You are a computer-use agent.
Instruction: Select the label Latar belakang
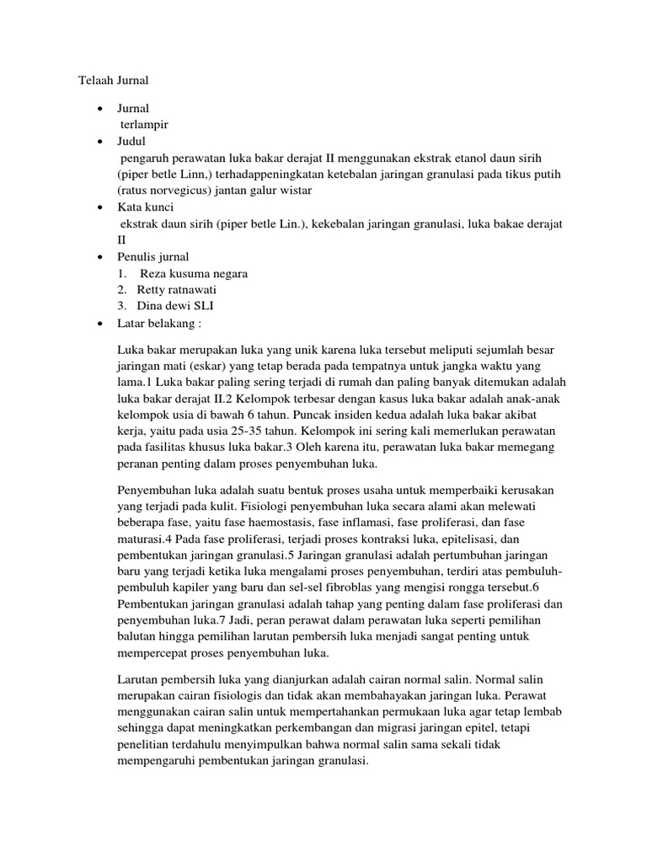(161, 323)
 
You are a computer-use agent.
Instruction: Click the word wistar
(292, 190)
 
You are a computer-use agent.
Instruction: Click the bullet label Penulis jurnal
(153, 256)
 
